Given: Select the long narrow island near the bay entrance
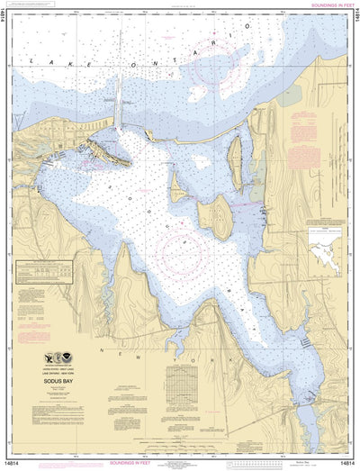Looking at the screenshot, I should click(237, 155).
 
